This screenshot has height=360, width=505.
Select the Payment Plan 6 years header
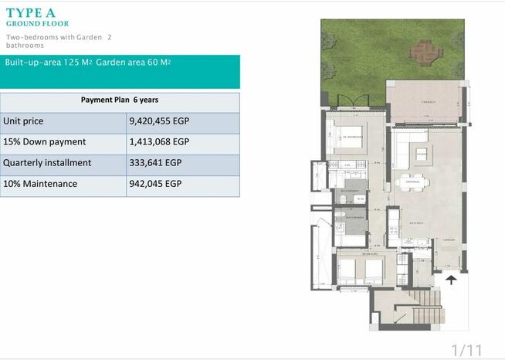click(x=120, y=100)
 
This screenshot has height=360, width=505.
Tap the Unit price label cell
click(x=24, y=121)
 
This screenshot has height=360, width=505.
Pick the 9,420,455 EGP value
click(x=159, y=121)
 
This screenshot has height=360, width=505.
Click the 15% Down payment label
click(x=45, y=142)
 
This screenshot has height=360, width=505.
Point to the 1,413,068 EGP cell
click(x=159, y=142)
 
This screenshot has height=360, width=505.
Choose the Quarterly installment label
click(x=48, y=163)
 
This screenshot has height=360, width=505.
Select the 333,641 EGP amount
click(x=156, y=163)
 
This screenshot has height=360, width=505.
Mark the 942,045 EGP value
click(x=156, y=184)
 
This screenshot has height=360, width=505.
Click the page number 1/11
click(x=466, y=350)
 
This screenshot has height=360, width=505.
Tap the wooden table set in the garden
click(x=422, y=53)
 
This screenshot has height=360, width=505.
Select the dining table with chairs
click(x=412, y=182)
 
